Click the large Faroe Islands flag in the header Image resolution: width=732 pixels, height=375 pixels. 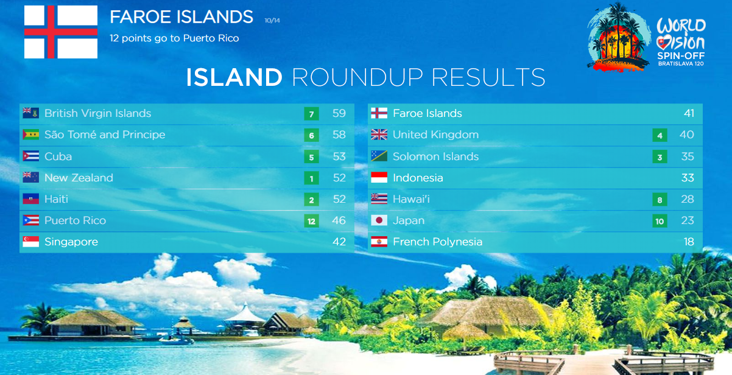61,32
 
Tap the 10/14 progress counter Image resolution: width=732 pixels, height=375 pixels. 272,21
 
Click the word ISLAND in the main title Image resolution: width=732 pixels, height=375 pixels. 234,77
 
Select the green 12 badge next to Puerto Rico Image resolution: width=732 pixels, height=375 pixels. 311,221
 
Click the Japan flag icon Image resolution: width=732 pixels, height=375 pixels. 379,220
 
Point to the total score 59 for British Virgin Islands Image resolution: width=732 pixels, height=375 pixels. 339,113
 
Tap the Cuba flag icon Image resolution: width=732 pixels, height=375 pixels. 30,156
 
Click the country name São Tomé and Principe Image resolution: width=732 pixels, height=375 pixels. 105,135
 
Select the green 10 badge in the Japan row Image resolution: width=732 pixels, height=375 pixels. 660,221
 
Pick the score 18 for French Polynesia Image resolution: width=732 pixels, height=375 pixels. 689,242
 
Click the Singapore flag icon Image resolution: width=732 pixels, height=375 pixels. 30,242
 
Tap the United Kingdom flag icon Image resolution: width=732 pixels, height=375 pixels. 379,135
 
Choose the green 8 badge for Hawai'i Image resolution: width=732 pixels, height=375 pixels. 660,200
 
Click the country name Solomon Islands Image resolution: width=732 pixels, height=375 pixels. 435,156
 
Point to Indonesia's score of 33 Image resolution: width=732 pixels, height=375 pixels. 688,178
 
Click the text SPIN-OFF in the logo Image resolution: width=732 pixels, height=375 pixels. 681,56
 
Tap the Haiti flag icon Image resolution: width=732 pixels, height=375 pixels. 30,199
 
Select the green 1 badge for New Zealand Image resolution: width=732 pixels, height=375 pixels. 311,178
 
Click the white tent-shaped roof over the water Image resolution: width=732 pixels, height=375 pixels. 245,314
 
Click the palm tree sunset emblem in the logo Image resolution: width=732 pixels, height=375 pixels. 618,38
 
